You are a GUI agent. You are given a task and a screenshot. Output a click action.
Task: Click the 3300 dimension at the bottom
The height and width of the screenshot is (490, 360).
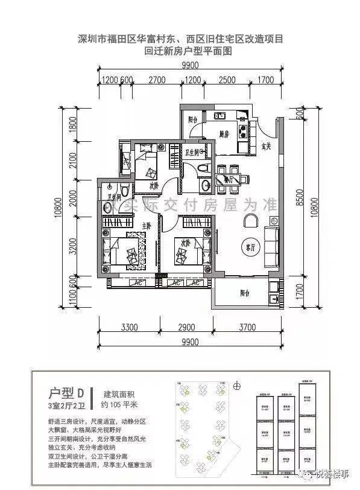[x=130, y=328]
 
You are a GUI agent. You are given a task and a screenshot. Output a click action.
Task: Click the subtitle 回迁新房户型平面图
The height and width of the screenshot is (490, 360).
[x=188, y=52]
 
